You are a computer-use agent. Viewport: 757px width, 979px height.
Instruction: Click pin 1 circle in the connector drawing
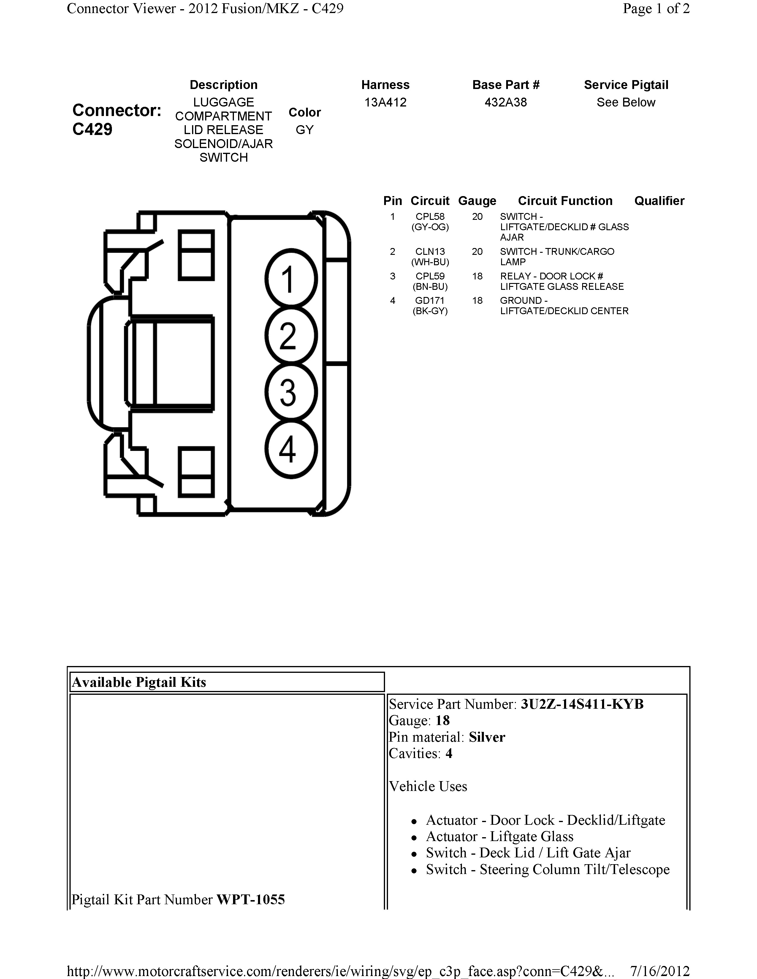[291, 279]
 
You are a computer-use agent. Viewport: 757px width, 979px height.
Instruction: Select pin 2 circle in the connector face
[291, 335]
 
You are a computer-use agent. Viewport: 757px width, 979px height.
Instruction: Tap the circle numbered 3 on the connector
[291, 392]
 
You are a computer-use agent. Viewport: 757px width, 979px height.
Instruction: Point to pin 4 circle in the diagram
[291, 449]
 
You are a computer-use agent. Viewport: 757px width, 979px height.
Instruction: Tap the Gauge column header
[477, 201]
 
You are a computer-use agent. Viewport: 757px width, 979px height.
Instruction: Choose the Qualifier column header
[659, 201]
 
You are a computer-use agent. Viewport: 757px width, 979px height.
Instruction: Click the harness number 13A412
[385, 103]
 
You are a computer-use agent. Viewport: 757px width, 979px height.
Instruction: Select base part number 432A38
[506, 103]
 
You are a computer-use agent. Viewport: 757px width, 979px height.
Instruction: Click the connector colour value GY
[305, 130]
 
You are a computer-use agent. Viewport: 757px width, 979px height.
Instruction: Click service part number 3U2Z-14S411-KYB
[582, 704]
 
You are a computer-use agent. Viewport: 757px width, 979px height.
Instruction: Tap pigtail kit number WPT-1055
[250, 900]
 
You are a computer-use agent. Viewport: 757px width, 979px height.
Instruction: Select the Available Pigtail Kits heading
[139, 682]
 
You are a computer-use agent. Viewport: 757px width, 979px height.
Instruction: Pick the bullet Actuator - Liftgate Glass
[500, 837]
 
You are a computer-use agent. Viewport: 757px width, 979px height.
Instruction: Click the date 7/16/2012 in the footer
[660, 971]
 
